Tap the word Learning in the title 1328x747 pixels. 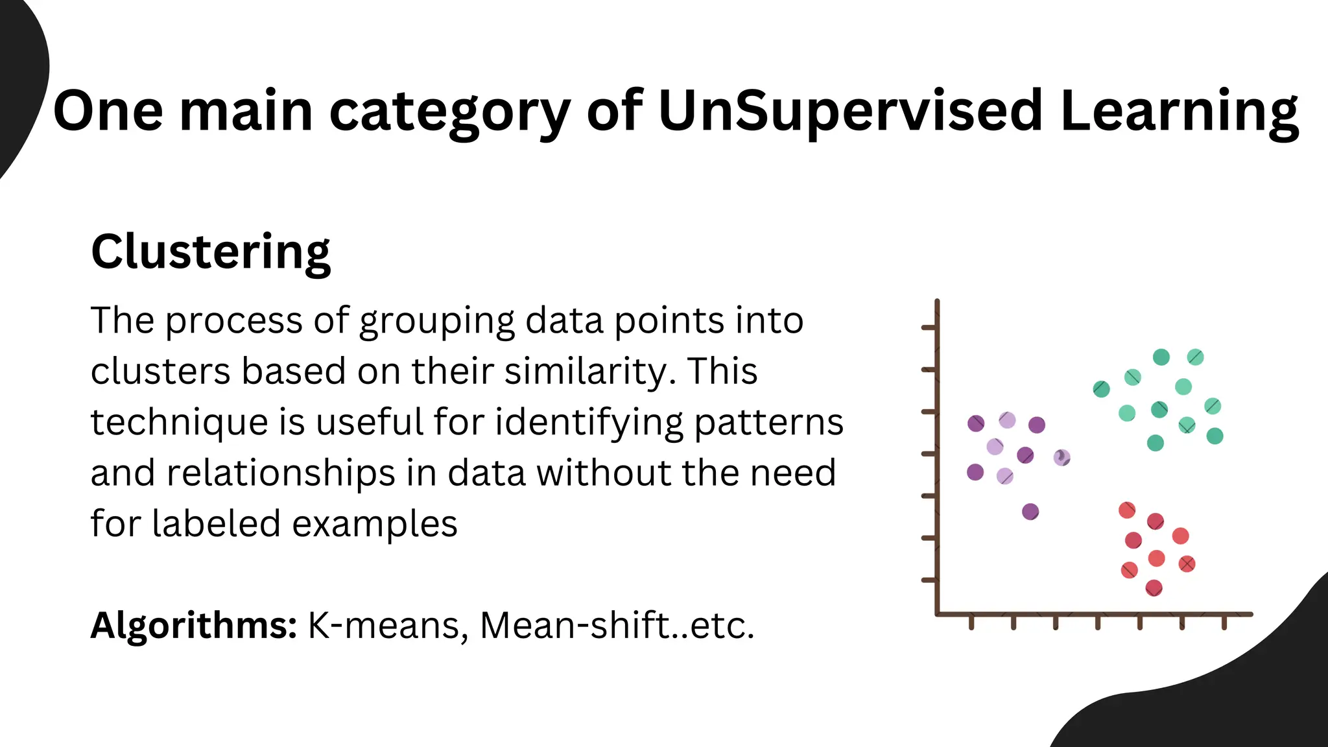point(1180,112)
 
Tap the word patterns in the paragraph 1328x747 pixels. point(768,423)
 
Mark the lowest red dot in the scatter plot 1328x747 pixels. point(1154,588)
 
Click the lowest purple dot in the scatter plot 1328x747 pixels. point(1030,512)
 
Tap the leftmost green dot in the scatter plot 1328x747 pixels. point(1101,389)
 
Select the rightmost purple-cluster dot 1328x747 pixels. point(1062,458)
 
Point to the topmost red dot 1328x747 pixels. point(1127,510)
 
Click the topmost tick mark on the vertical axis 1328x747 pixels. point(929,328)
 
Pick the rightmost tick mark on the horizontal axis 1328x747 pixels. point(1224,622)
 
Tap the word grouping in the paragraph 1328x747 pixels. point(437,321)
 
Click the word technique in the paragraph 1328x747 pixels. point(179,423)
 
